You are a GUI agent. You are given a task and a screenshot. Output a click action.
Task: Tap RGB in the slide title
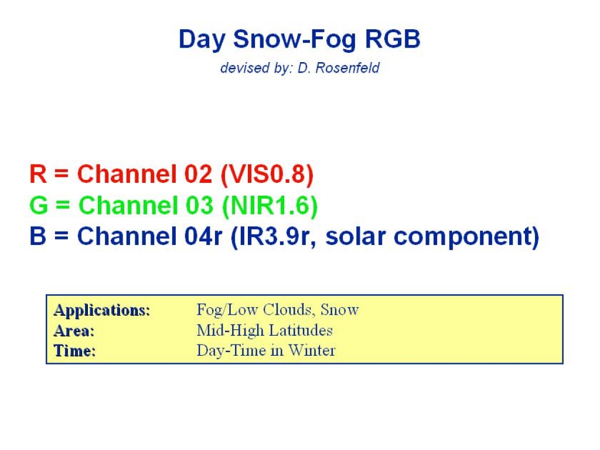click(393, 39)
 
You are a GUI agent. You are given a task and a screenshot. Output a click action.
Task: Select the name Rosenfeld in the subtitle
click(347, 68)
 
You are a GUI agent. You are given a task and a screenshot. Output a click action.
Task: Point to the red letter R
click(38, 173)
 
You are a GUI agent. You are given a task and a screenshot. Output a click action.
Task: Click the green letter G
click(39, 205)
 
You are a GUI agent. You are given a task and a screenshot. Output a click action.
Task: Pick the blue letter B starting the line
click(38, 236)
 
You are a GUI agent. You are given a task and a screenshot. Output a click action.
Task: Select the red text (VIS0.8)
click(267, 175)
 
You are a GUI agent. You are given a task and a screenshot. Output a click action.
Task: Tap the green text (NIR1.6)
click(270, 206)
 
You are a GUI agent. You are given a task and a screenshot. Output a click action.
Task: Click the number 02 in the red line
click(198, 173)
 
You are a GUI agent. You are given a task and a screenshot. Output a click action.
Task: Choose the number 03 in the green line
click(199, 205)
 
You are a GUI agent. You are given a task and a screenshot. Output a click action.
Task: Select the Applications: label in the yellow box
click(102, 311)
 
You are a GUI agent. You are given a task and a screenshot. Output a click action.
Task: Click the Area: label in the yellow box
click(74, 330)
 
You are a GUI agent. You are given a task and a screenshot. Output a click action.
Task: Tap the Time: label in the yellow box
click(74, 351)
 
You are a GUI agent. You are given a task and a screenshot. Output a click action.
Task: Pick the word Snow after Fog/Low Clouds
click(340, 309)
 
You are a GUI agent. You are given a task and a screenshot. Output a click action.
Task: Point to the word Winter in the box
click(312, 350)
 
